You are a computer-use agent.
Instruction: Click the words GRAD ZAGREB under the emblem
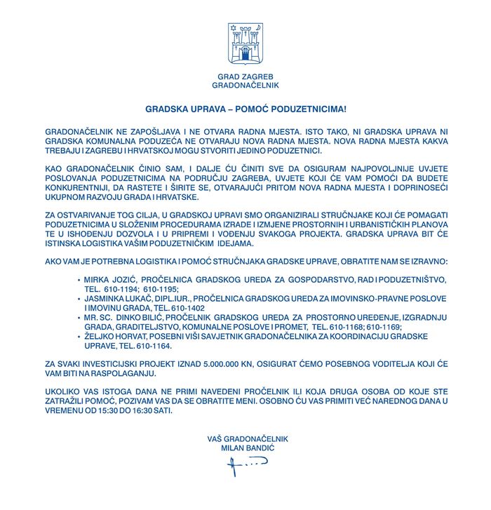pos(245,76)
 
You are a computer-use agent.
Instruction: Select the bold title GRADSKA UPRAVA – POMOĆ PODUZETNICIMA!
pos(245,110)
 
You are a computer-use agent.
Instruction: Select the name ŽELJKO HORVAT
pos(112,337)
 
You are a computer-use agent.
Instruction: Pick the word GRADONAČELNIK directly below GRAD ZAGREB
pos(245,85)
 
